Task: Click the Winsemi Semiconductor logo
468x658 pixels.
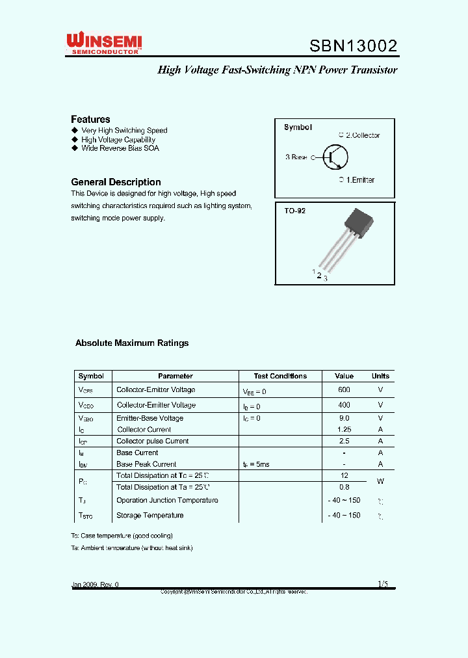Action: tap(104, 44)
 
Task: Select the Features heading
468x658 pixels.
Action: tap(90, 119)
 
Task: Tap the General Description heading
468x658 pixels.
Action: tap(116, 182)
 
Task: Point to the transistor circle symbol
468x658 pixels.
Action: tap(335, 157)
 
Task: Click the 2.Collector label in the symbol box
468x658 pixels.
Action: tap(361, 135)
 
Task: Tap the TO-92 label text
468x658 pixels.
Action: tap(294, 211)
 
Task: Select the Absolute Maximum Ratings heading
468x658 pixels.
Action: tap(132, 343)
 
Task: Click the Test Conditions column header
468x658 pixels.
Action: tap(280, 376)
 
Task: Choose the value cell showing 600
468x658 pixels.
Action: tap(344, 389)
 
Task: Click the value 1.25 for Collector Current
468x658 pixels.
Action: tap(344, 430)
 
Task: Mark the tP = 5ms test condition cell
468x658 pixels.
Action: tap(256, 464)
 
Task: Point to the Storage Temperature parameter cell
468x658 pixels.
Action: tap(149, 516)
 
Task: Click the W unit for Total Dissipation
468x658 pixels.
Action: tap(380, 481)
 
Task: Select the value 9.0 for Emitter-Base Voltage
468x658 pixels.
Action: tap(344, 418)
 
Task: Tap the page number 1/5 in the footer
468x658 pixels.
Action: tap(382, 585)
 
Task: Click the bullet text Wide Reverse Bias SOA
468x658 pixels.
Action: tap(120, 148)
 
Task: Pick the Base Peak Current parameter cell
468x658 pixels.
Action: tap(146, 464)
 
